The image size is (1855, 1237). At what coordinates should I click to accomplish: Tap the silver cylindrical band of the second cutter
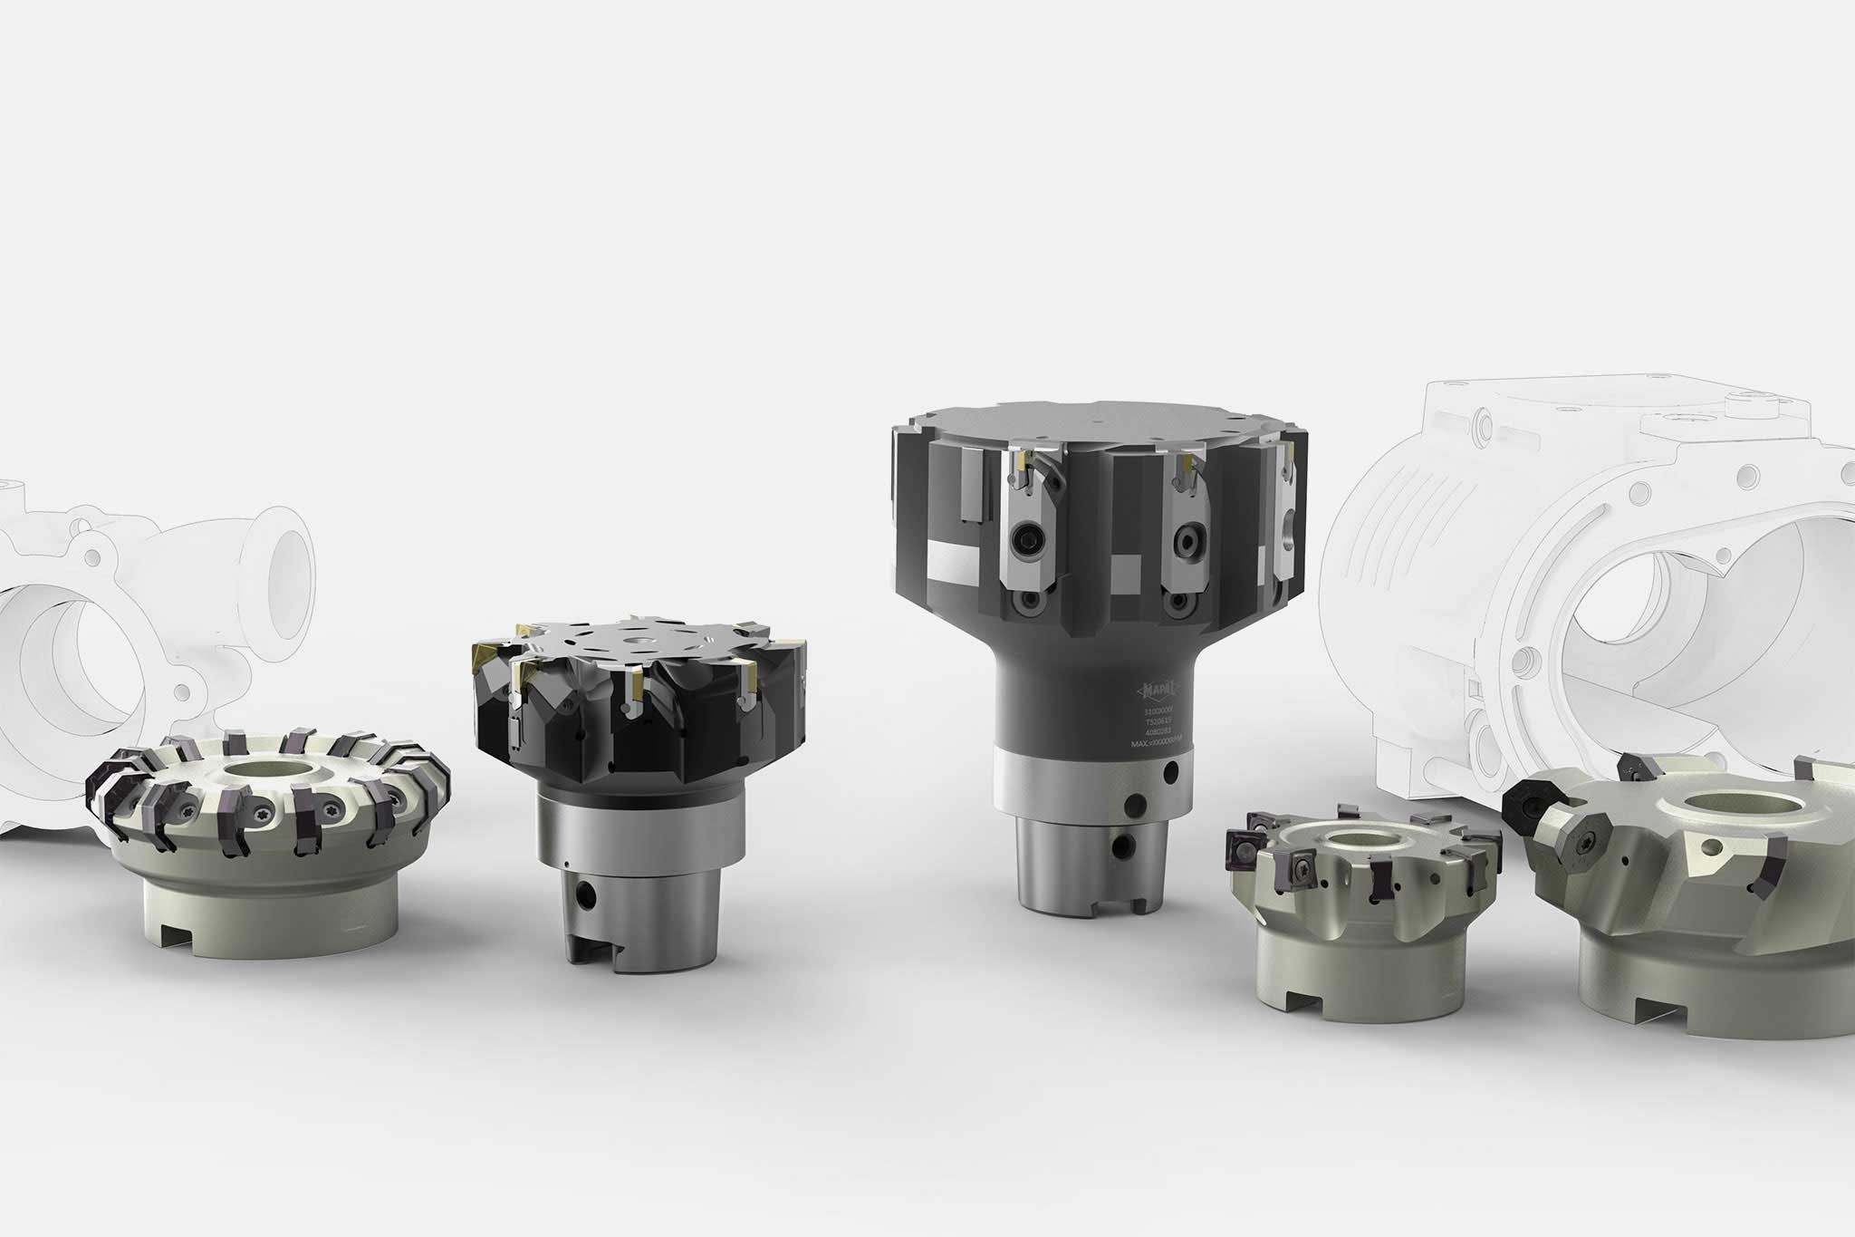coord(634,829)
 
